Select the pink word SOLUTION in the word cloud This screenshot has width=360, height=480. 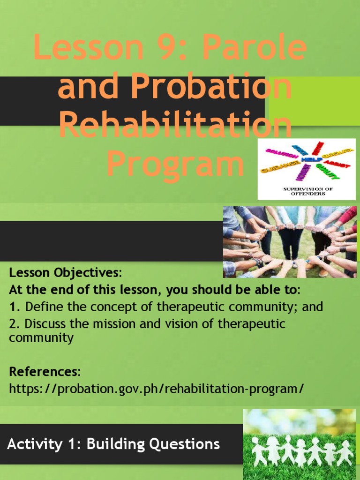(282, 153)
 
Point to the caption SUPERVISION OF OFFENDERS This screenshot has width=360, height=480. (307, 191)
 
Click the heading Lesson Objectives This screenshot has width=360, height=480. (65, 273)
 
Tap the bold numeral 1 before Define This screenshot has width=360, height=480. (13, 307)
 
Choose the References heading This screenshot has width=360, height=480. (45, 372)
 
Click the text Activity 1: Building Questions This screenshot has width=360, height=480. (113, 443)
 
